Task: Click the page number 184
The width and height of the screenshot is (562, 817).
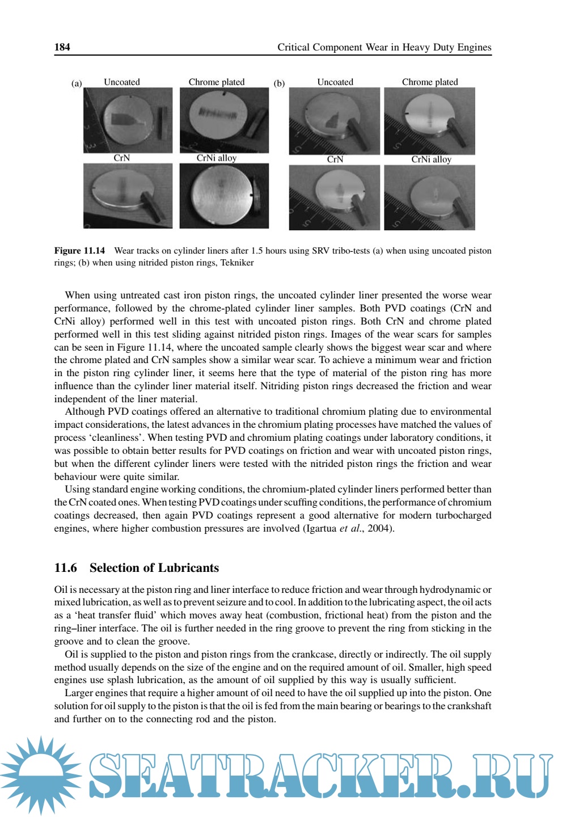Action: coord(62,47)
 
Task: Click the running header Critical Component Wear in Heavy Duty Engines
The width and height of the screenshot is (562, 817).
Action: coord(384,47)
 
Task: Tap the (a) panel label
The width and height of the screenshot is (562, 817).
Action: coord(77,83)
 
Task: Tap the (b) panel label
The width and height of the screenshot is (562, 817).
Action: coord(279,83)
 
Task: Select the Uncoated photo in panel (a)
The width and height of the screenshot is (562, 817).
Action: coord(128,120)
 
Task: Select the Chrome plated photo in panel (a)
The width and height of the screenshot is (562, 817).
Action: coord(224,120)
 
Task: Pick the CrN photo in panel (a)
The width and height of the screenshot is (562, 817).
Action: coord(128,196)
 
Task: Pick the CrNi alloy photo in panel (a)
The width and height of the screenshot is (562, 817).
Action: coord(224,196)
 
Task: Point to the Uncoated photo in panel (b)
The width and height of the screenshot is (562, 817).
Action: coord(334,121)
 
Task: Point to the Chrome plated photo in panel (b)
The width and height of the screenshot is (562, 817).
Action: coord(429,121)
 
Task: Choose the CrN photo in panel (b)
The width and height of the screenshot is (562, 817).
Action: coord(334,197)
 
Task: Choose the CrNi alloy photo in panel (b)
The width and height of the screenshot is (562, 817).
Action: coord(429,197)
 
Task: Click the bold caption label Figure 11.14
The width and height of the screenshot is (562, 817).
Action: coord(79,251)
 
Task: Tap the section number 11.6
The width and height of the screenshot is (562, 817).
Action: coord(65,568)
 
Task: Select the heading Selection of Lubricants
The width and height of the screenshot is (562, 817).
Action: coord(154,568)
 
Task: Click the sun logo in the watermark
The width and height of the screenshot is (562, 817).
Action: coord(41,775)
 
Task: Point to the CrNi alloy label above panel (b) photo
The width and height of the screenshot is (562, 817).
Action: coord(431,159)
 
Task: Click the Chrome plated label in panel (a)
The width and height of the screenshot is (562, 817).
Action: coord(217,82)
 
